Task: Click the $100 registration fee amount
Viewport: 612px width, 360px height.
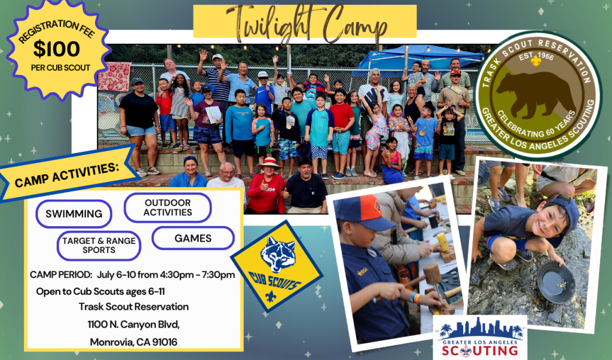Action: coord(57,49)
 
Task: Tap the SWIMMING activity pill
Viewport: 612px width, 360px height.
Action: coord(74,214)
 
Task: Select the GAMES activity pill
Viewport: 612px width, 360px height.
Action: coord(193,238)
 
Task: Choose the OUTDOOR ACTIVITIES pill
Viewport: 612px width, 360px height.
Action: coord(168,208)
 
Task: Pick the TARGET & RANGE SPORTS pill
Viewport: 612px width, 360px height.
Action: coord(99,246)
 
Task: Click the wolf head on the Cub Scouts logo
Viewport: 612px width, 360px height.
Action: coord(278,254)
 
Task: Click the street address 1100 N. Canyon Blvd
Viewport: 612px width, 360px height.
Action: coord(133,325)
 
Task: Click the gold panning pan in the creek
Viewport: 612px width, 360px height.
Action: coord(556,282)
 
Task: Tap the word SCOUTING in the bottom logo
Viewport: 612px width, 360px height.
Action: coord(480,350)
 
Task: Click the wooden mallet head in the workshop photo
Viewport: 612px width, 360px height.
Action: coord(432,274)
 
